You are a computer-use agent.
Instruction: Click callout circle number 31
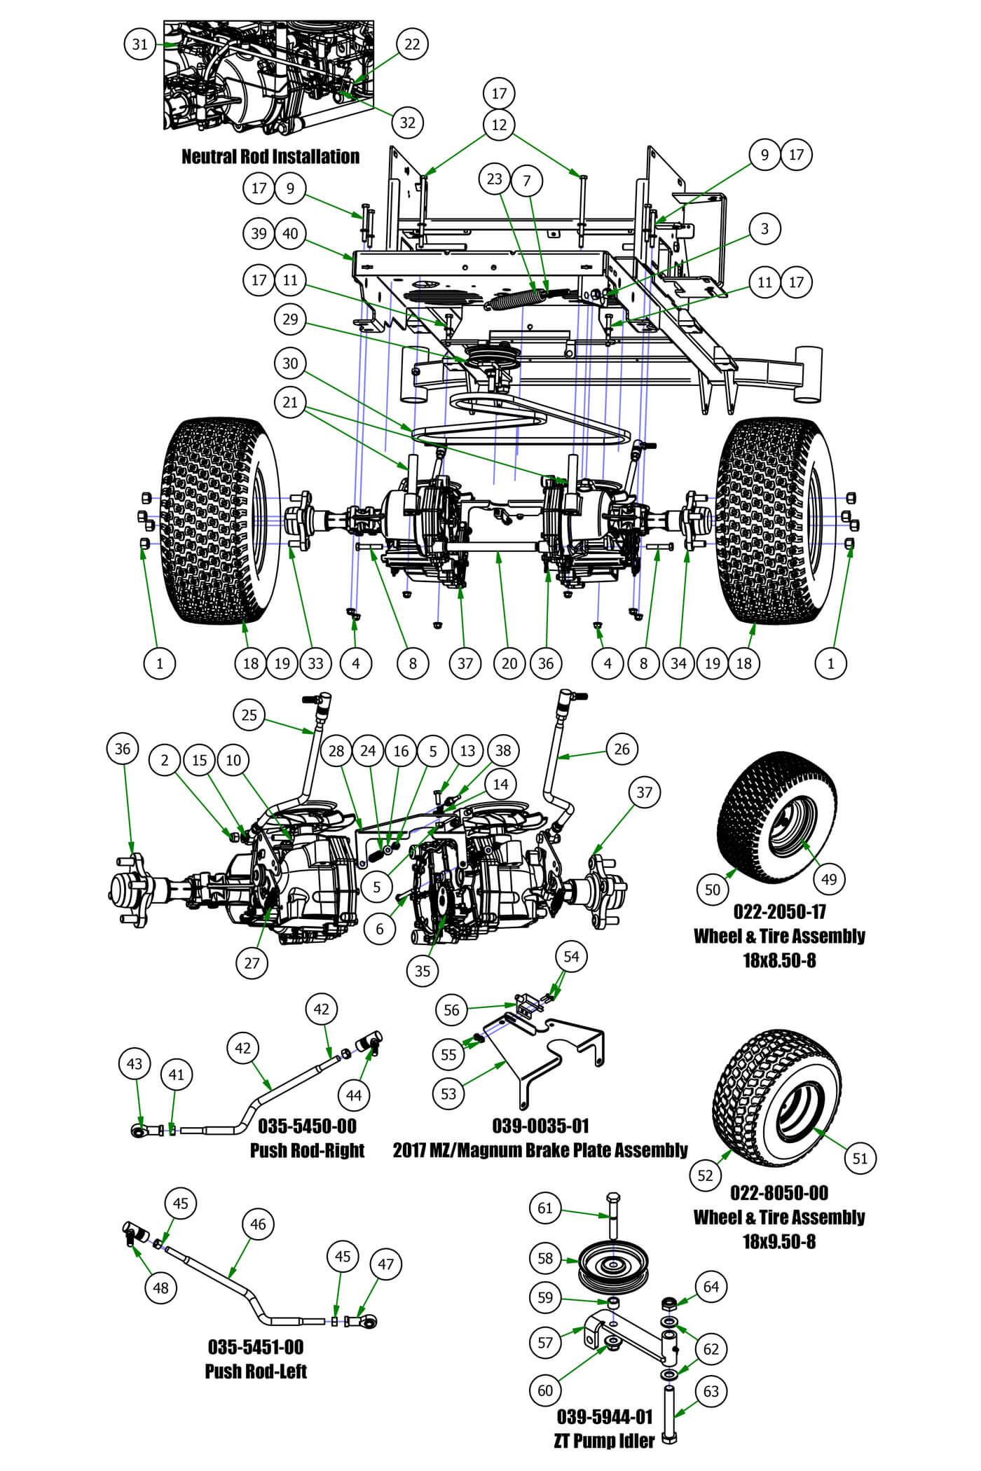click(140, 44)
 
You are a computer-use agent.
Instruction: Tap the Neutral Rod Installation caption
click(270, 156)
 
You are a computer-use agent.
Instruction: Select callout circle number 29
click(290, 319)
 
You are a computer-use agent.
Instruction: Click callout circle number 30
click(290, 363)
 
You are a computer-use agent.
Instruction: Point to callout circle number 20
click(509, 663)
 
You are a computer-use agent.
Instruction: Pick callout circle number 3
click(764, 228)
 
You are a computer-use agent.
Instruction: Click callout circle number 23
click(495, 179)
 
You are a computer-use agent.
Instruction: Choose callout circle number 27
click(252, 962)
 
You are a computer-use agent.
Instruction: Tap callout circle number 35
click(423, 971)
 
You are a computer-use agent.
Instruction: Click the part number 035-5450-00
click(307, 1126)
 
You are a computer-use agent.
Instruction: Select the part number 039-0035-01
click(540, 1126)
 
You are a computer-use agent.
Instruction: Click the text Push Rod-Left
click(256, 1371)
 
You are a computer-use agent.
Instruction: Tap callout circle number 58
click(545, 1258)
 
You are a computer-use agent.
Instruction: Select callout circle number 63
click(711, 1391)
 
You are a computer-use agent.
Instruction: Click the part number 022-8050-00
click(779, 1193)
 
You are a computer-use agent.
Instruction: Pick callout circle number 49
click(829, 879)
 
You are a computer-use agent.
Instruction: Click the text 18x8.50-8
click(779, 960)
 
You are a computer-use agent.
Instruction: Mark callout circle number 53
click(448, 1093)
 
